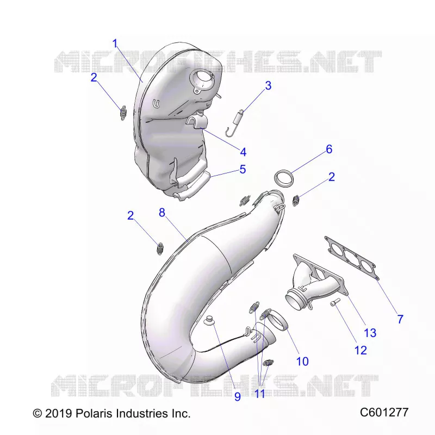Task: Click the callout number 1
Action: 115,43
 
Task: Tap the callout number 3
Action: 268,85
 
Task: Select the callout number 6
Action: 329,149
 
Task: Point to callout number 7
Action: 400,319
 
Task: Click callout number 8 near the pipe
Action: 162,213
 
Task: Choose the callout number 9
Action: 238,396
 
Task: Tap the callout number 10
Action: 302,362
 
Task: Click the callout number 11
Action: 260,394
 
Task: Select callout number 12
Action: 361,350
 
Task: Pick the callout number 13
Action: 370,333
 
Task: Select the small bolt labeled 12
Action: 335,302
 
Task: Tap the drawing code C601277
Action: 384,413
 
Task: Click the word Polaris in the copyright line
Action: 94,413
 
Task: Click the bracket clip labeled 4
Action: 196,121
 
